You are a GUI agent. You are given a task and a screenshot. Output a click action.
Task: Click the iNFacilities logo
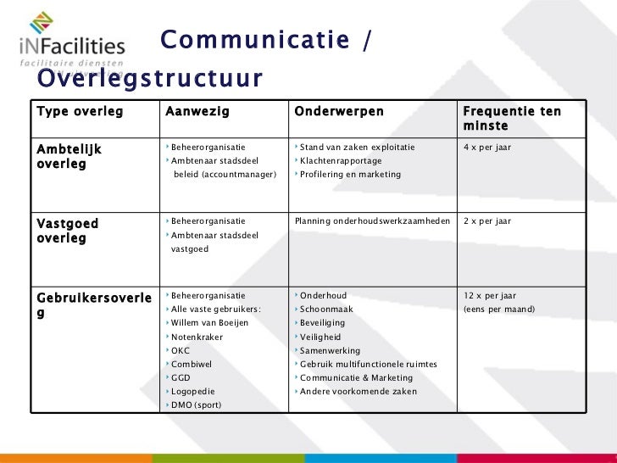point(72,43)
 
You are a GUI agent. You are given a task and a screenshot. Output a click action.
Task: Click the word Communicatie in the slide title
point(254,40)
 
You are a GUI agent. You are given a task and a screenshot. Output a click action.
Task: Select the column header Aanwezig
point(197,112)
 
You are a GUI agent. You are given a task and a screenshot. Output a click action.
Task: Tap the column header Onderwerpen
point(338,112)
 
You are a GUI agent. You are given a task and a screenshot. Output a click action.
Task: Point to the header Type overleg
point(79,112)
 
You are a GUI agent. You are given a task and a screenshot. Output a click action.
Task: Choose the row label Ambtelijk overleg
point(69,156)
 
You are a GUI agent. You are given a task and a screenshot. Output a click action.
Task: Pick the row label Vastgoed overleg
point(67,231)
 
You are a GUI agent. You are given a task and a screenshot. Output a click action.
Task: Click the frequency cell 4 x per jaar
point(486,148)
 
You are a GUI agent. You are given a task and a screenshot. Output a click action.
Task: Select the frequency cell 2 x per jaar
point(486,221)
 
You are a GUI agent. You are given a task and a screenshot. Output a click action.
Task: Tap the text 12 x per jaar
point(489,296)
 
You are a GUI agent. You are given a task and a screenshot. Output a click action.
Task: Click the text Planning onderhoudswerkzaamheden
point(372,221)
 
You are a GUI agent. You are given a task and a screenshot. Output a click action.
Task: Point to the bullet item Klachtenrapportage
point(341,161)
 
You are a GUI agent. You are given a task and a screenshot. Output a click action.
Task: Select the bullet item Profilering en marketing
point(350,175)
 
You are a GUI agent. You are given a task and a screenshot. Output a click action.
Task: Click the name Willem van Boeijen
point(209,323)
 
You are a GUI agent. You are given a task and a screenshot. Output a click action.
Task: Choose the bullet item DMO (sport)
point(196,405)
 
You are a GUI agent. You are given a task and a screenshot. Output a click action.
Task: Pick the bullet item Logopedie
point(192,392)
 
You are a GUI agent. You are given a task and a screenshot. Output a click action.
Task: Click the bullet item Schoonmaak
point(326,310)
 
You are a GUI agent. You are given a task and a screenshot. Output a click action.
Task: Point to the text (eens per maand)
point(499,310)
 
